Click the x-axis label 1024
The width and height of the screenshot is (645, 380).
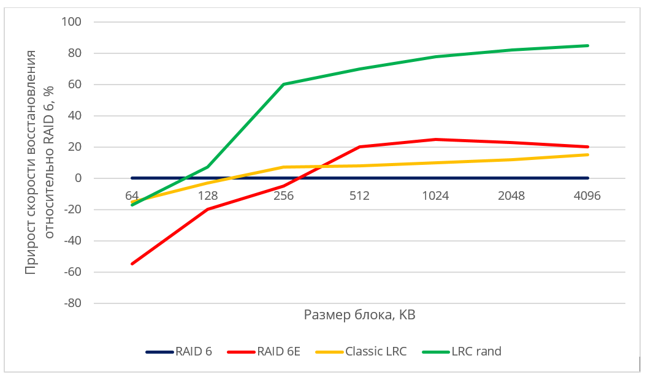coord(435,196)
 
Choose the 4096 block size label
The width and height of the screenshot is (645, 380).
coord(587,196)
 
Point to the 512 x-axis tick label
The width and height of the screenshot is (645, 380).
coord(360,196)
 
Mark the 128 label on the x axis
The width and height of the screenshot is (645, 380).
coord(208,196)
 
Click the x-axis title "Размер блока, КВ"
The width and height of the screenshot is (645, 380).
coord(360,315)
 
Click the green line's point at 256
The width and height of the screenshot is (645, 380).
coord(284,85)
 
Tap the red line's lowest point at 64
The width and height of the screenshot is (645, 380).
coord(132,264)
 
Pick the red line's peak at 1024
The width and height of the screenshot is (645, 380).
coord(436,139)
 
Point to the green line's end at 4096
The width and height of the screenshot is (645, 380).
coord(587,45)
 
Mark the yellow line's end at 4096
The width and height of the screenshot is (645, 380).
coord(587,154)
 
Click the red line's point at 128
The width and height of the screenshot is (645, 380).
coord(208,210)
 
